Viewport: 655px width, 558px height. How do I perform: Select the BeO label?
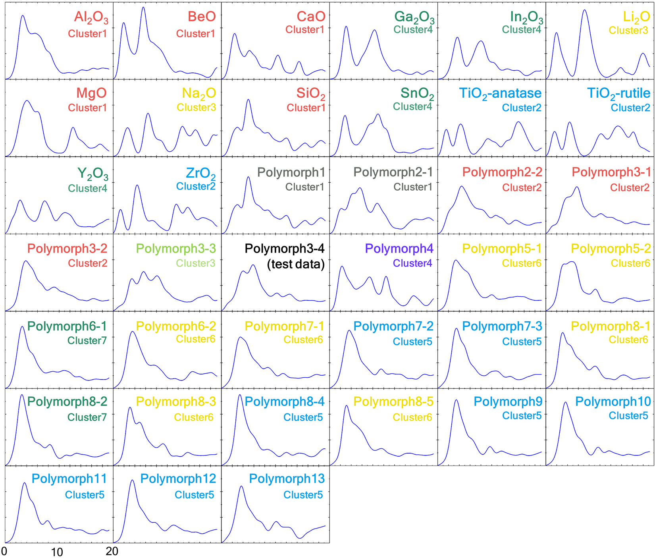[202, 17]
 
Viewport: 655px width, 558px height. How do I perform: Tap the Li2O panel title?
[636, 17]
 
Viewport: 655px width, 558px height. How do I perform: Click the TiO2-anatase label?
[500, 93]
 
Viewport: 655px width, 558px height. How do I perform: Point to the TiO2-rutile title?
[618, 93]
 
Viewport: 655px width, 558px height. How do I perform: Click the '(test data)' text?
[296, 264]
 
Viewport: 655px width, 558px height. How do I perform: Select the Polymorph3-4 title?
[285, 249]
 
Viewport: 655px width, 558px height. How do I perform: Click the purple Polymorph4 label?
[399, 249]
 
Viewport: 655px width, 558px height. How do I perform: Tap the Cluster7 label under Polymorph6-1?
[87, 341]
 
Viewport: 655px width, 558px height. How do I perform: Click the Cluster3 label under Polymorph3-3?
[196, 263]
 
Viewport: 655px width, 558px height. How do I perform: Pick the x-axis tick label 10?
[57, 552]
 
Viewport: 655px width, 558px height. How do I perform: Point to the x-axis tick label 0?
[4, 551]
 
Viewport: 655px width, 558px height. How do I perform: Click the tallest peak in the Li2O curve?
[584, 10]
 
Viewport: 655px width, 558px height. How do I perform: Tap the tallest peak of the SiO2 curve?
[248, 100]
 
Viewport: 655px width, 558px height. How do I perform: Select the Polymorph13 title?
[287, 479]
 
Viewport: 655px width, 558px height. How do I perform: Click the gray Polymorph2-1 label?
[393, 172]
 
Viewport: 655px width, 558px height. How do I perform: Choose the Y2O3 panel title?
[92, 174]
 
